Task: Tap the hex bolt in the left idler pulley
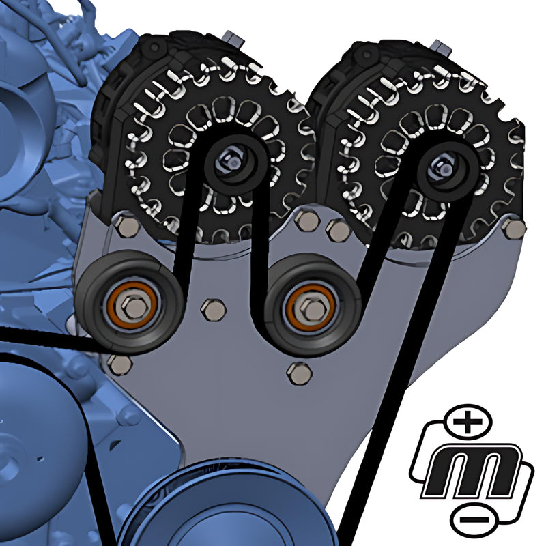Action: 136,308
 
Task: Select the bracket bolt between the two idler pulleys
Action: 215,310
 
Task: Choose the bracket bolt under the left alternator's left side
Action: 125,225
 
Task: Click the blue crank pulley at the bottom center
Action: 225,508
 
